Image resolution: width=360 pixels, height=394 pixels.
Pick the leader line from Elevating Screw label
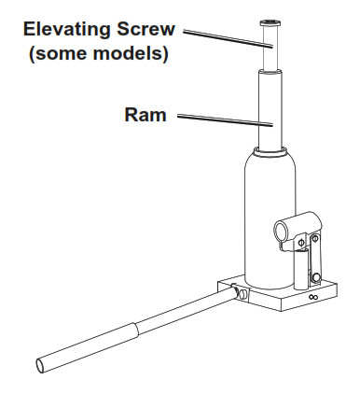(224, 37)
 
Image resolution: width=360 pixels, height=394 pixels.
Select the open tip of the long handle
(43, 365)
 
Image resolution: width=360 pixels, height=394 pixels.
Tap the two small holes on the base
(313, 298)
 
